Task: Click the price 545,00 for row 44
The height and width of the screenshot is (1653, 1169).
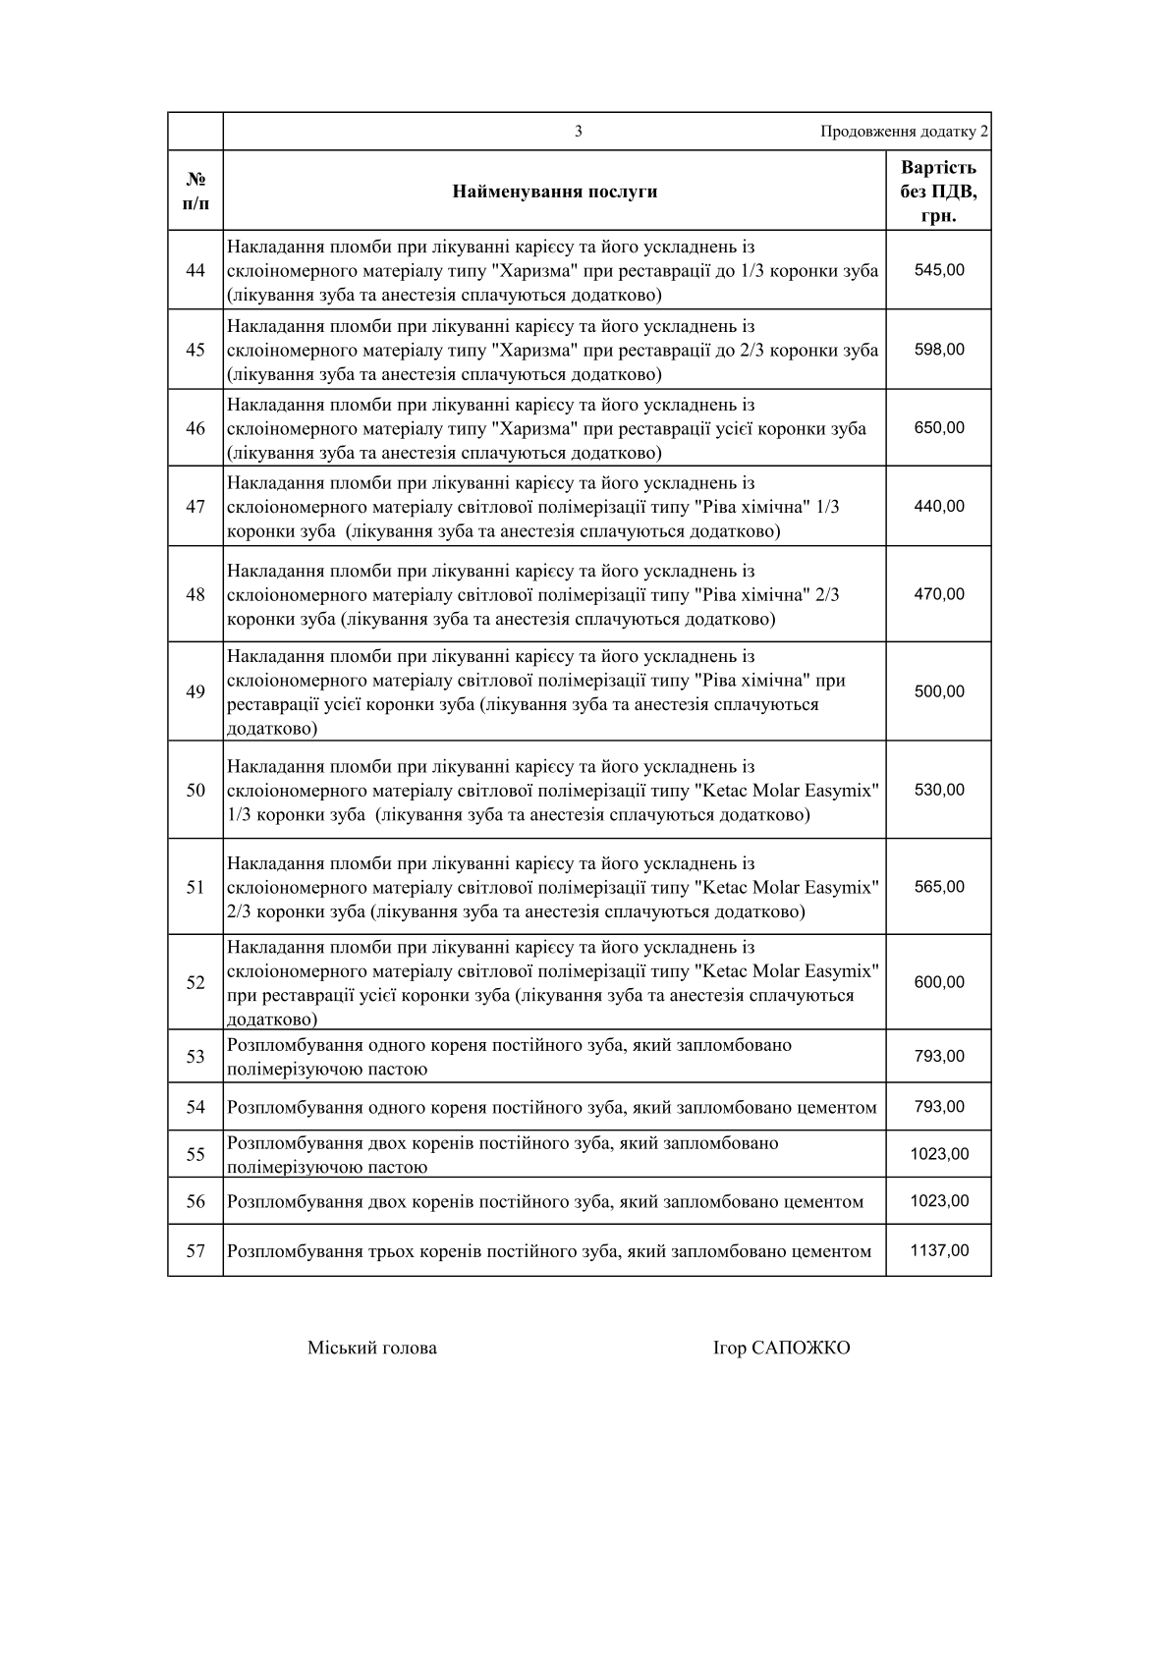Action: coord(939,270)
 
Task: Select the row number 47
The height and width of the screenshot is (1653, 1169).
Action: coord(195,507)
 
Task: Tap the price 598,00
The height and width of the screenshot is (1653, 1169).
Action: coord(939,350)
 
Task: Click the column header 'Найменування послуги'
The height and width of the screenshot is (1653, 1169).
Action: coord(555,192)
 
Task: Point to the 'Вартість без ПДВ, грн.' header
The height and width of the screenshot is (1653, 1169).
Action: coord(939,192)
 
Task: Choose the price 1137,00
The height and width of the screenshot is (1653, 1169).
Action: coord(939,1250)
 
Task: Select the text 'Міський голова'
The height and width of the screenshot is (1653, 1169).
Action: coord(372,1348)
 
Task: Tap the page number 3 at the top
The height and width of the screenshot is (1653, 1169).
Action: coord(579,132)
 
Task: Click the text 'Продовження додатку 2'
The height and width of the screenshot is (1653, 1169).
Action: coord(905,132)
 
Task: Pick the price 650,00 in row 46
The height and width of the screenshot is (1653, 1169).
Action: coord(939,428)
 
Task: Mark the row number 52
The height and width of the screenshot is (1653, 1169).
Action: coord(195,982)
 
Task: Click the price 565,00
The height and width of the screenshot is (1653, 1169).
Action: coord(939,887)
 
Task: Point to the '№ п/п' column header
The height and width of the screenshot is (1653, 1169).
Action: coord(195,192)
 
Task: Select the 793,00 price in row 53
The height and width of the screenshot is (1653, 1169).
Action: coord(939,1057)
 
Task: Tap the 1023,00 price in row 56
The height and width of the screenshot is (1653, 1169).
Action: coord(939,1201)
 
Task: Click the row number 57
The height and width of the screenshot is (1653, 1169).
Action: coord(195,1251)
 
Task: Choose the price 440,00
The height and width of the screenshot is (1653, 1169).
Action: coord(939,507)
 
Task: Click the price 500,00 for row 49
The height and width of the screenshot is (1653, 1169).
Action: coord(939,691)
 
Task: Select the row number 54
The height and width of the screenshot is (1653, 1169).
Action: coord(195,1108)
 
